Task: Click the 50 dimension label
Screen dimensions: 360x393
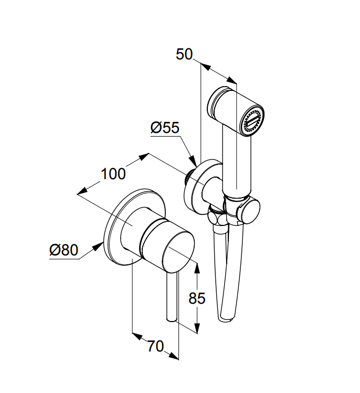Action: point(184,54)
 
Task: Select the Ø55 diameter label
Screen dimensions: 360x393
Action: point(165,128)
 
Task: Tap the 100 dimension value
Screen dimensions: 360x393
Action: point(113,174)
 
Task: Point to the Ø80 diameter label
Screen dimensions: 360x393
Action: point(64,250)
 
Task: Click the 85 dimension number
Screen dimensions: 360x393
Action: point(197,298)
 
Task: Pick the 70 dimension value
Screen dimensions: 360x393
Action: point(155,346)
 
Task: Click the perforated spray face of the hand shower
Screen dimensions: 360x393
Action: point(252,121)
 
